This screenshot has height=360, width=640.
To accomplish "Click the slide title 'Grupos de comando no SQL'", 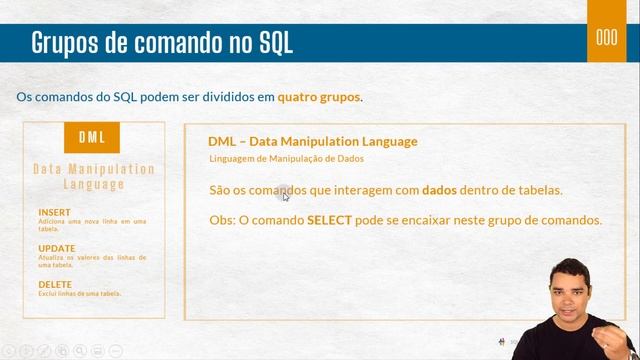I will (x=162, y=43).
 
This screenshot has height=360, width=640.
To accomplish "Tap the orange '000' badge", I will (x=606, y=39).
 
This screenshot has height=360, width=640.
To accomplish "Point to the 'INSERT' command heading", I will (x=55, y=213).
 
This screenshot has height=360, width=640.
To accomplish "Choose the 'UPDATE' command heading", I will (x=57, y=248).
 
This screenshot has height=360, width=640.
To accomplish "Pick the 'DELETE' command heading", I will (x=56, y=284).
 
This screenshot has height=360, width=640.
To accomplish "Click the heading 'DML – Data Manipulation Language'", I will (x=313, y=141).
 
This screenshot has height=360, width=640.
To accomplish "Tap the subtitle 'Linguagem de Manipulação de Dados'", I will (x=286, y=159).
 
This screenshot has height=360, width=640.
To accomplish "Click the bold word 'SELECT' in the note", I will (x=329, y=219).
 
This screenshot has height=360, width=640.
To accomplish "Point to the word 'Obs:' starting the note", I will (x=222, y=219).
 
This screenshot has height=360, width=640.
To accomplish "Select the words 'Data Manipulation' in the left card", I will (x=94, y=169).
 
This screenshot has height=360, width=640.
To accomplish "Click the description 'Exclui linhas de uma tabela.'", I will (x=80, y=294).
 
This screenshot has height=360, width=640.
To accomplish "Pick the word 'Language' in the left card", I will (x=94, y=184).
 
